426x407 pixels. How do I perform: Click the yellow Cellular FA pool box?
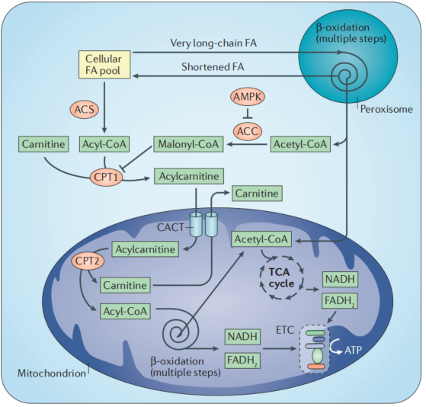(x=104, y=65)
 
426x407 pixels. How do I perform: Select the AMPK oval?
(x=248, y=97)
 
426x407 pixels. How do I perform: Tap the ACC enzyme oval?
(x=248, y=132)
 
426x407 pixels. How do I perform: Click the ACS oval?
(x=85, y=110)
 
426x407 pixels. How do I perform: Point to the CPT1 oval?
(x=106, y=177)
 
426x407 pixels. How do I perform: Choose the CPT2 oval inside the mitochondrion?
(x=88, y=261)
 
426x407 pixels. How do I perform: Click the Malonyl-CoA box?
(x=188, y=144)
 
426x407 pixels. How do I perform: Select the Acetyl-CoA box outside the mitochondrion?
(x=300, y=144)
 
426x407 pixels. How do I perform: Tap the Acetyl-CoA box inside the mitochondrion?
(x=261, y=239)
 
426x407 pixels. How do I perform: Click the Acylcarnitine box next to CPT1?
(x=189, y=176)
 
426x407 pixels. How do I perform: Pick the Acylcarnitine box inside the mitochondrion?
(x=146, y=249)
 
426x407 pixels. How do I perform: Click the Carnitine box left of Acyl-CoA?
(x=43, y=144)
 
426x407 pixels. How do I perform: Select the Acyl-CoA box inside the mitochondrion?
(x=125, y=311)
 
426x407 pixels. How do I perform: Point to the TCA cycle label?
(x=281, y=277)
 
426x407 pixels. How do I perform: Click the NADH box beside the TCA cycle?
(x=340, y=279)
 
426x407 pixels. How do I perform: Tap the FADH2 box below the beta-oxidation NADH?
(x=242, y=361)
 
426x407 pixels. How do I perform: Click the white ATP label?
(x=353, y=350)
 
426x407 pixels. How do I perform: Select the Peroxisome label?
(x=386, y=110)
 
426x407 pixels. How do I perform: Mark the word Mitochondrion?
(x=52, y=373)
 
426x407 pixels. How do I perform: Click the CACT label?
(x=171, y=227)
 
